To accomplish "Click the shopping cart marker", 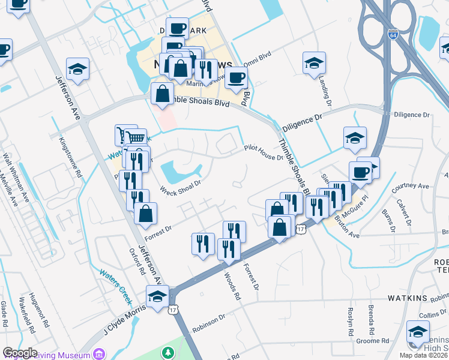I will click(136, 137).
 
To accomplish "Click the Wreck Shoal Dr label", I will click(179, 187).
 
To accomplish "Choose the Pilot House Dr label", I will click(263, 153).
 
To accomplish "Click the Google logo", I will click(20, 353).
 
